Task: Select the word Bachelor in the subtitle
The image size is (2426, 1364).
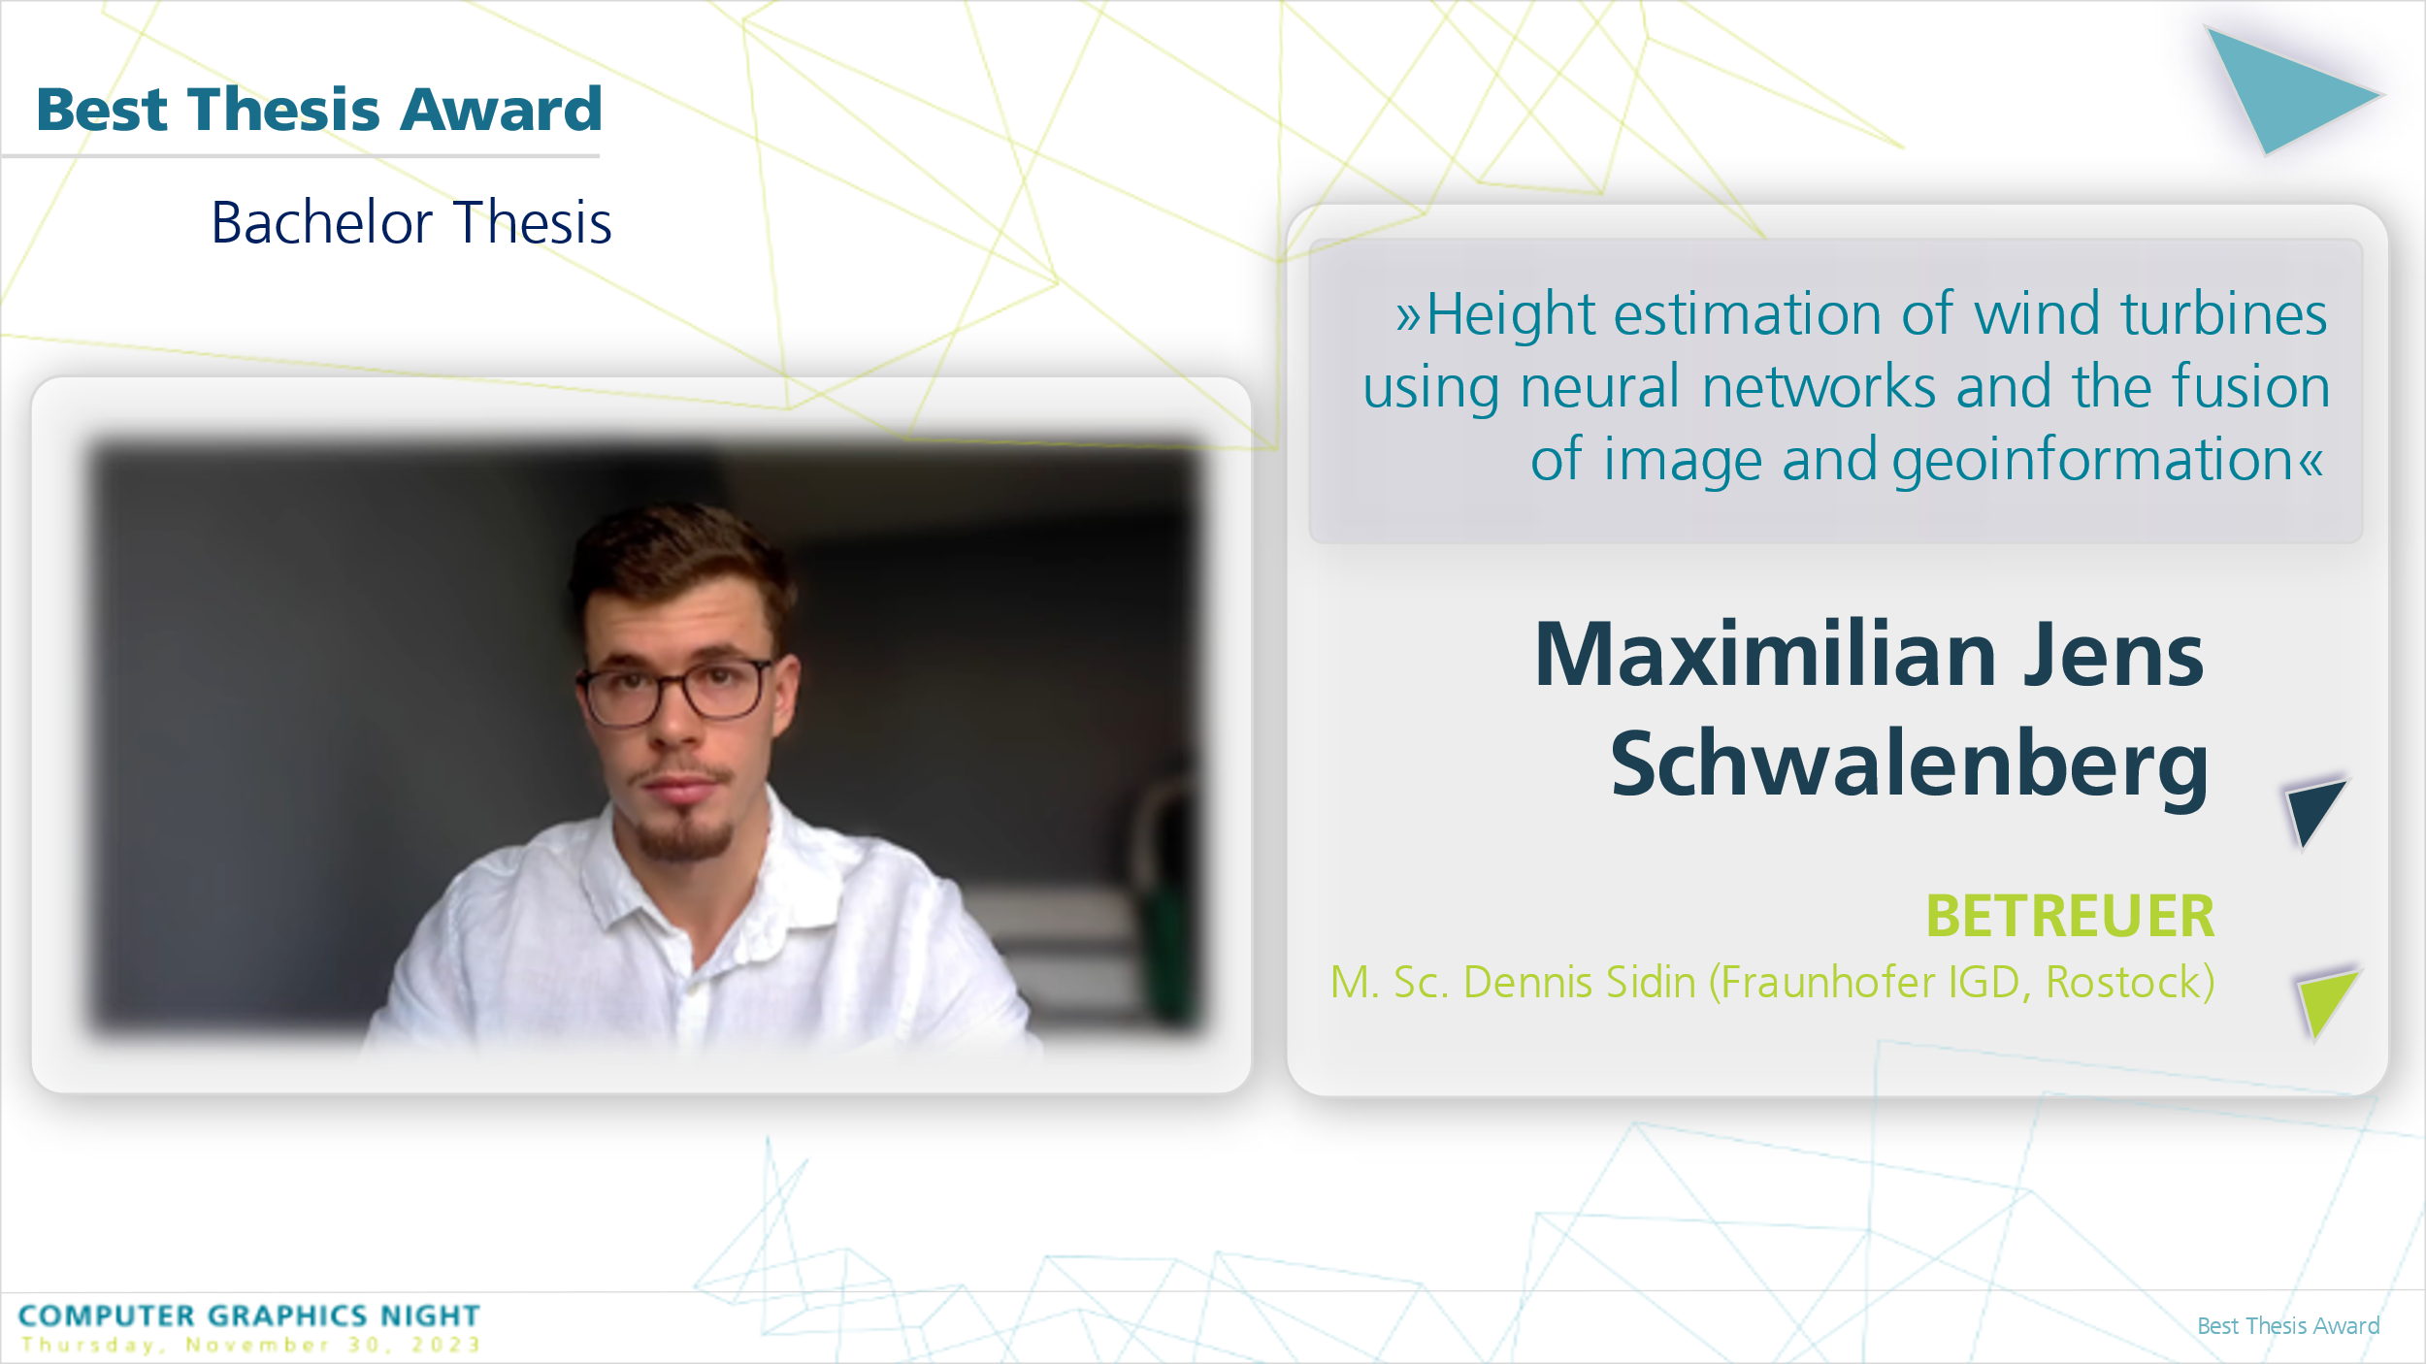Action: pos(321,223)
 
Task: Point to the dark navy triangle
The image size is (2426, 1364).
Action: pos(2313,811)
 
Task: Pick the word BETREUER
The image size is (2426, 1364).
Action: pos(2070,916)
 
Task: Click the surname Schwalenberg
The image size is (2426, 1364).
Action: pos(1910,764)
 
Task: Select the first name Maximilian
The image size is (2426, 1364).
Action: pos(1765,655)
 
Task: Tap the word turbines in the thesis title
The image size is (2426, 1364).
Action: pos(2223,314)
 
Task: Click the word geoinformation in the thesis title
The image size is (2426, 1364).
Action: pos(2093,460)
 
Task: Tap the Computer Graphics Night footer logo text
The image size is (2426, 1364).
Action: pos(249,1315)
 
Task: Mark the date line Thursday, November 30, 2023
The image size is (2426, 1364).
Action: pos(251,1345)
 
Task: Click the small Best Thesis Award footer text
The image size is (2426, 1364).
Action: pos(2288,1326)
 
